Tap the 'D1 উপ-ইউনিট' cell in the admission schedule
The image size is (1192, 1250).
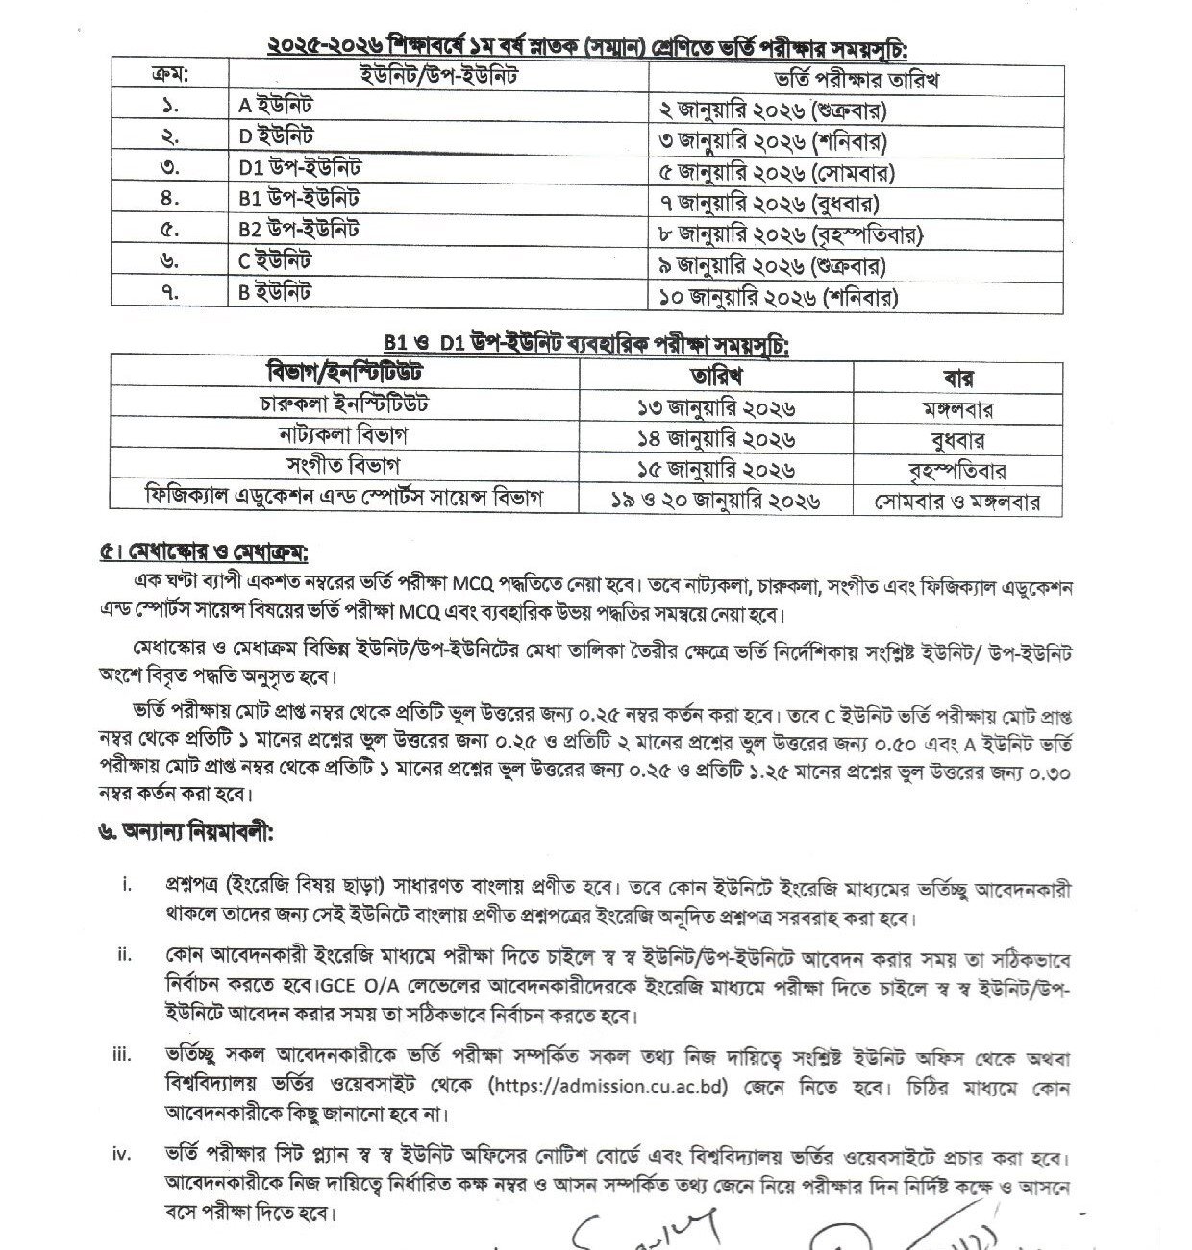(300, 168)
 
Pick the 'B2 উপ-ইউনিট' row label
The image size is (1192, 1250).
(300, 230)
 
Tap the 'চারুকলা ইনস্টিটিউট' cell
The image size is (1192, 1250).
(344, 404)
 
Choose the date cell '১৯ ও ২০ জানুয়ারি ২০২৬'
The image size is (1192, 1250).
(716, 501)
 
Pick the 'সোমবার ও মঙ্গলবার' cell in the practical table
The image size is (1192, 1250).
(956, 502)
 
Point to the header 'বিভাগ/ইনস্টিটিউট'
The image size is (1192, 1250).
(344, 372)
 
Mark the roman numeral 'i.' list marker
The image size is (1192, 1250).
(126, 885)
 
